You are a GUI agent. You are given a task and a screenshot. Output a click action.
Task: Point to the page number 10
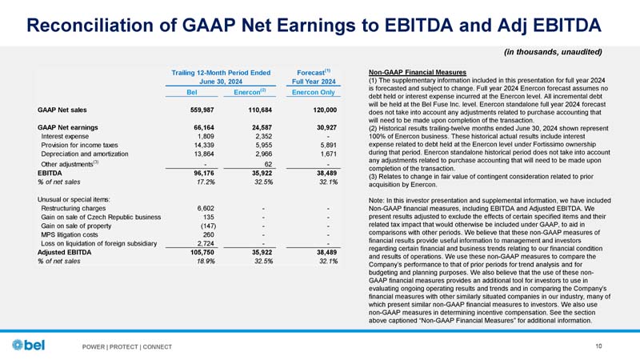coord(600,346)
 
